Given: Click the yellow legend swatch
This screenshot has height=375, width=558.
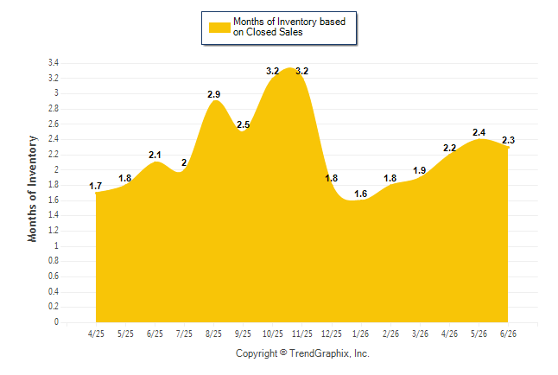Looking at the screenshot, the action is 219,28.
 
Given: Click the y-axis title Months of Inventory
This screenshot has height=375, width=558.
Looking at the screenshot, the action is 32,188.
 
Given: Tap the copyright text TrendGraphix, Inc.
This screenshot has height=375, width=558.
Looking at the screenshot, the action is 329,353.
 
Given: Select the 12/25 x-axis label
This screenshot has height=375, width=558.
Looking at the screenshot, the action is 332,334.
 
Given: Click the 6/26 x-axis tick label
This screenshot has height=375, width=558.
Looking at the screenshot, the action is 508,334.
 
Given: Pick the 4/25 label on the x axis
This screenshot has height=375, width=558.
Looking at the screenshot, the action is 96,334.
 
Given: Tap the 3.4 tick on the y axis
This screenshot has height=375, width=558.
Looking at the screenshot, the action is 54,63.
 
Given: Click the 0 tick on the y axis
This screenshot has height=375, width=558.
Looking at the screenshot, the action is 56,322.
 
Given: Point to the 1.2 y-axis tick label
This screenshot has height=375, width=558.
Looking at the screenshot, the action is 54,231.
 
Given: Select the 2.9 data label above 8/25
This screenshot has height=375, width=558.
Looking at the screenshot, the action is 214,94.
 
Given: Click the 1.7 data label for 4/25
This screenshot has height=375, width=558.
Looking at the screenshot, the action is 95,186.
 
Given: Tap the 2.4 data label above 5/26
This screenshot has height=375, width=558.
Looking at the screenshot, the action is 479,132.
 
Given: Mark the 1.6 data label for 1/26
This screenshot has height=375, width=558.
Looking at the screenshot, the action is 360,194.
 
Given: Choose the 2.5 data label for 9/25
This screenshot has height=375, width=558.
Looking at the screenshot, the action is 244,124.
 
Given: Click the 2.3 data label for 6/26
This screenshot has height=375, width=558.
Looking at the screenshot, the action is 509,140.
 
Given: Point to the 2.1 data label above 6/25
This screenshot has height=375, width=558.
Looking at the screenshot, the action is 155,155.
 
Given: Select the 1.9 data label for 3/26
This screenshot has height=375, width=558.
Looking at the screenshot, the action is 420,170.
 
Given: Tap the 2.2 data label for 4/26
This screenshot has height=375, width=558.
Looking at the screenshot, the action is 450,148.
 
